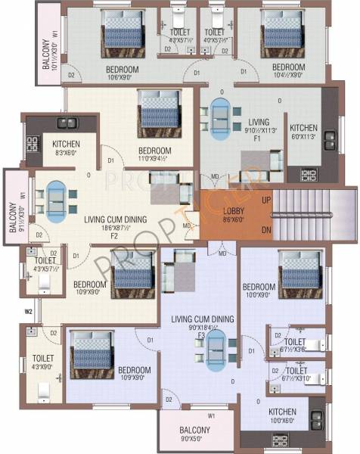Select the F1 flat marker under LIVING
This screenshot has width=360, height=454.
256,138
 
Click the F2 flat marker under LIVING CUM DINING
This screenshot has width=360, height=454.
116,235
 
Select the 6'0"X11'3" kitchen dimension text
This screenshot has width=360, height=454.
304,138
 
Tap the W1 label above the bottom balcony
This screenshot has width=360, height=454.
213,415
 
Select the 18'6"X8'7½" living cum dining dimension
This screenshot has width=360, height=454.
115,226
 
